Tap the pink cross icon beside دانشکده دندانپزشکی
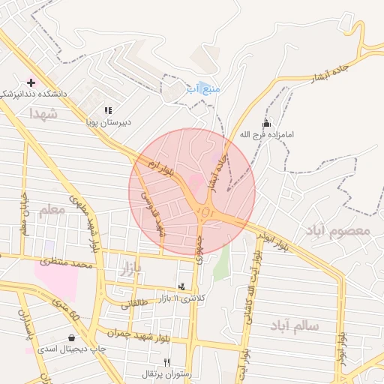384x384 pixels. pos(31,82)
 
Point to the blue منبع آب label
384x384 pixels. pos(203,88)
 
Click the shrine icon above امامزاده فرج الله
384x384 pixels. pos(266,123)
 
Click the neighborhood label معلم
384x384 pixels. pos(52,210)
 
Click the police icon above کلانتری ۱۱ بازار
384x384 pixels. pos(181,286)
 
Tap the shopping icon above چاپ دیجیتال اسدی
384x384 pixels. pos(71,337)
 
